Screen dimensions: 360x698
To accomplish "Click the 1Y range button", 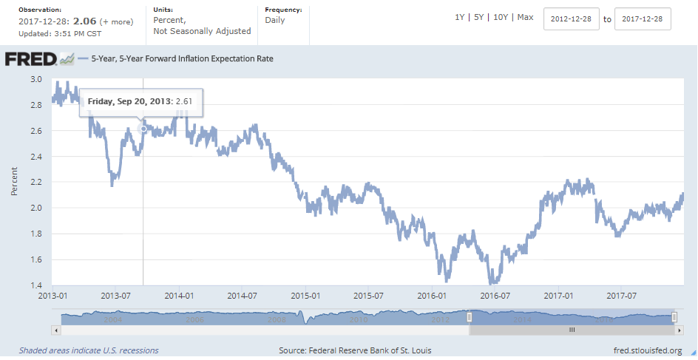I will tap(461, 17).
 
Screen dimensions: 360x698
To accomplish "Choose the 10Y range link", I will tap(501, 17).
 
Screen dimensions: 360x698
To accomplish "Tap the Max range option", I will tap(525, 17).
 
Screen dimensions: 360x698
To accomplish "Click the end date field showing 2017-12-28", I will tap(643, 19).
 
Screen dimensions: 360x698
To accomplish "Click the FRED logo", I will tap(32, 59).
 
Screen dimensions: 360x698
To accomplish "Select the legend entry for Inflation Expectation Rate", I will tap(182, 58).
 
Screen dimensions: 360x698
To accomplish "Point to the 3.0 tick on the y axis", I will tap(35, 79).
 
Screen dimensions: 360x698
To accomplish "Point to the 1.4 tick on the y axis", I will tap(35, 285).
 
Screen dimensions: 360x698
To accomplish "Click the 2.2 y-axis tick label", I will tap(35, 182).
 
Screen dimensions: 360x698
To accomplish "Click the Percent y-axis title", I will tap(15, 182).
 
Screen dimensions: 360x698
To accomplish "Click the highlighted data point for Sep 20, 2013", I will tap(143, 129).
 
